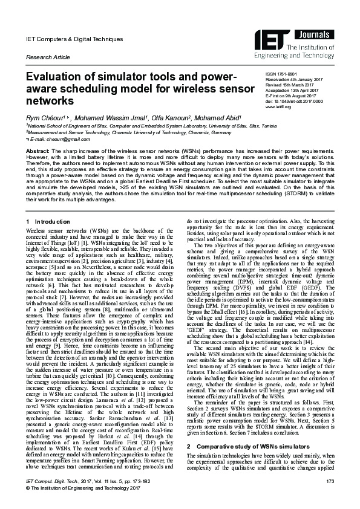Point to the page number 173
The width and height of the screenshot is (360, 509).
point(330,497)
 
